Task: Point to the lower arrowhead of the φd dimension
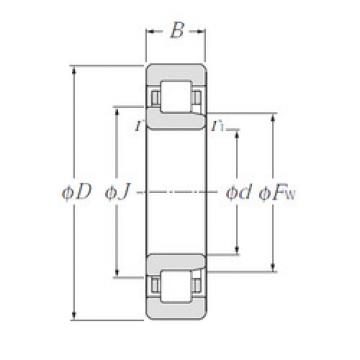coord(237,251)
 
